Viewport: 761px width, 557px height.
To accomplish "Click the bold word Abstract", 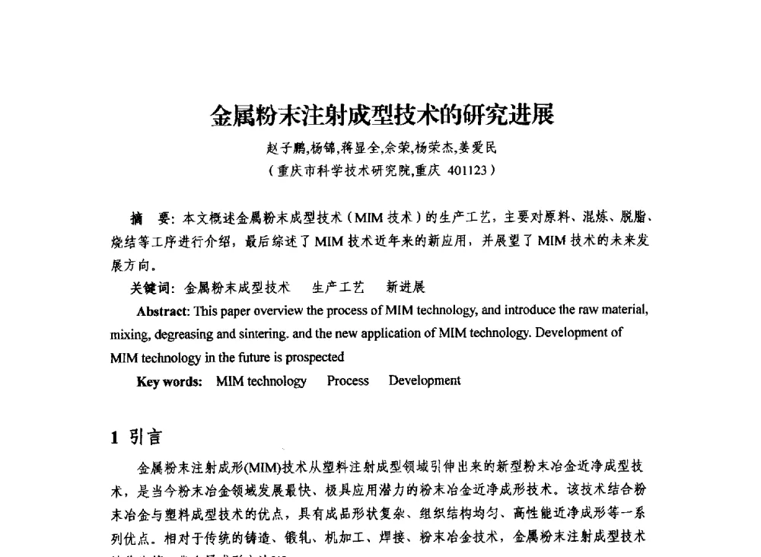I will pos(163,310).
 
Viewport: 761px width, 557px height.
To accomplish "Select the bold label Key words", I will pos(169,381).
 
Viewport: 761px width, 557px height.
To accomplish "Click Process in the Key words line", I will pos(348,380).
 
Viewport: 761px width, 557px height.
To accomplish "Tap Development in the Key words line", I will pos(425,380).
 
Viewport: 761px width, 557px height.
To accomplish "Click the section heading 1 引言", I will pos(136,437).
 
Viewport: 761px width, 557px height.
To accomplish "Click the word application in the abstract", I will pos(378,333).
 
